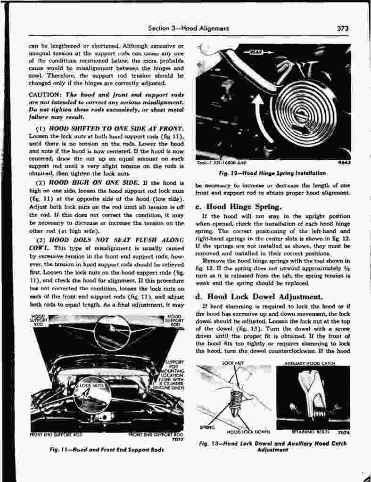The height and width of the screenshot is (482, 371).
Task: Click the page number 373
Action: pyautogui.click(x=343, y=28)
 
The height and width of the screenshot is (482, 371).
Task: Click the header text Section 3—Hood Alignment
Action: pyautogui.click(x=189, y=28)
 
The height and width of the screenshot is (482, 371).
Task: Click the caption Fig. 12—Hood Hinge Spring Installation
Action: pyautogui.click(x=273, y=173)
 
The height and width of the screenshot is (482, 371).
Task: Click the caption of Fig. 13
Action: pyautogui.click(x=272, y=446)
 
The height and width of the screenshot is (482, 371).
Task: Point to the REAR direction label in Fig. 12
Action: pyautogui.click(x=255, y=51)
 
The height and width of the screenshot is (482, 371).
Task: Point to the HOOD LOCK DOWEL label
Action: pyautogui.click(x=248, y=432)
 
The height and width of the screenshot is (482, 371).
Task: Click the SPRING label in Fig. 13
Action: pyautogui.click(x=208, y=427)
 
